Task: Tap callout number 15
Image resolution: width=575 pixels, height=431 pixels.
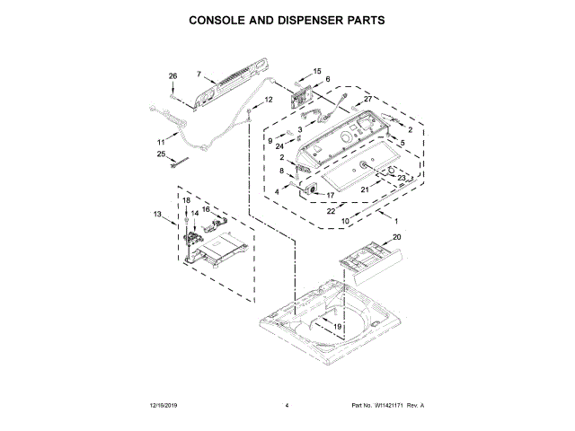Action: click(316, 70)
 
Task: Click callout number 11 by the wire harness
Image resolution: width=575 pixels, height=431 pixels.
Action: click(162, 142)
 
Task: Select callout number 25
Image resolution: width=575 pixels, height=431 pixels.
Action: click(162, 154)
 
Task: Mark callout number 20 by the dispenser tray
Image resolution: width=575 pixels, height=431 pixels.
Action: click(396, 237)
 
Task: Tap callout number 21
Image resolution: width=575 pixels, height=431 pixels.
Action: click(365, 189)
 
